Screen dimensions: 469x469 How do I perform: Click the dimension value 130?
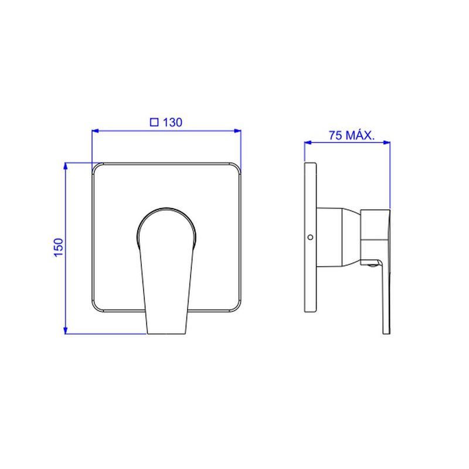[x=172, y=123]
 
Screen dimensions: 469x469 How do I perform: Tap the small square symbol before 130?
[x=154, y=122]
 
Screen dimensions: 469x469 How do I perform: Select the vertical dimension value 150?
[x=59, y=247]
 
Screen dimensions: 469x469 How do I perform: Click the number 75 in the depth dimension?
[x=335, y=135]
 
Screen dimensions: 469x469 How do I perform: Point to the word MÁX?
[x=360, y=135]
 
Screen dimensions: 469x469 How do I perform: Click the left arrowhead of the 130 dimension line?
[x=96, y=131]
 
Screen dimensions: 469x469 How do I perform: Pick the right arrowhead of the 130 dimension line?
[x=237, y=131]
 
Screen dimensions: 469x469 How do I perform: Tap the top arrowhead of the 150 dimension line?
[x=66, y=166]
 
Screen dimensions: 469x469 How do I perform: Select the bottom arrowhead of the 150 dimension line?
[x=66, y=330]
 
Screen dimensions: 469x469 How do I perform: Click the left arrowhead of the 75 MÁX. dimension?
[x=308, y=142]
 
